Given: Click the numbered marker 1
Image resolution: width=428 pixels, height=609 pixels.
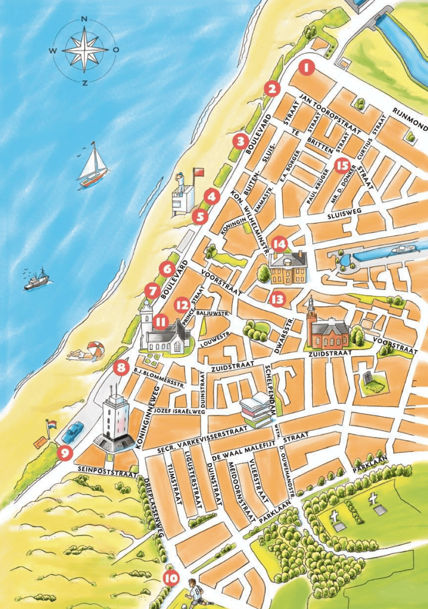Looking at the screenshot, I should coord(307,67).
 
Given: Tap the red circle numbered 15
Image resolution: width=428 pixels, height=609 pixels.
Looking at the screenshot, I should coord(342,166).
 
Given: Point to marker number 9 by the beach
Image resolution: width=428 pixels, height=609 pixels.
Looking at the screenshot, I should coord(65,453).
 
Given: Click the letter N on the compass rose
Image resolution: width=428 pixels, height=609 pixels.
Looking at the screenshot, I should coord(84,18).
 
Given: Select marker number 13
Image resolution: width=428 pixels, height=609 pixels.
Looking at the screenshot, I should coord(277,299).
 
